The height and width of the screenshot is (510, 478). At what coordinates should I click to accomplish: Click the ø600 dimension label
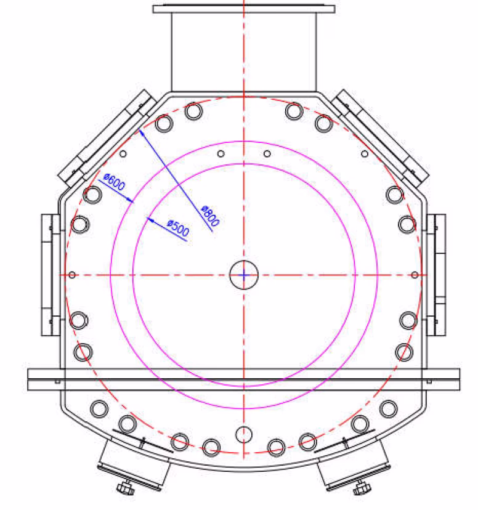point(114,182)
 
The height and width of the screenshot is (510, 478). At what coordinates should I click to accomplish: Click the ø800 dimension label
point(211,216)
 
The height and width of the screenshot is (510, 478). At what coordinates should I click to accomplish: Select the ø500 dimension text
point(178,228)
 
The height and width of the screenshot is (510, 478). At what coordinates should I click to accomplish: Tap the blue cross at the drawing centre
point(244,275)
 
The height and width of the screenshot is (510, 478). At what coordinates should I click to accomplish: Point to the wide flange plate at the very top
point(244,9)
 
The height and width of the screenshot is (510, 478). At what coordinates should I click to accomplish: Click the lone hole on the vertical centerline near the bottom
point(243,434)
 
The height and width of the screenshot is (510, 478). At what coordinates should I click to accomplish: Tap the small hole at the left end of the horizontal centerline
point(72,275)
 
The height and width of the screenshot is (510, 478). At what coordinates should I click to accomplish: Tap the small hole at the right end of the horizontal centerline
point(415,275)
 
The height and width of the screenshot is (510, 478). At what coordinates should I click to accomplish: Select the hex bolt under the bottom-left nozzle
point(126,488)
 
